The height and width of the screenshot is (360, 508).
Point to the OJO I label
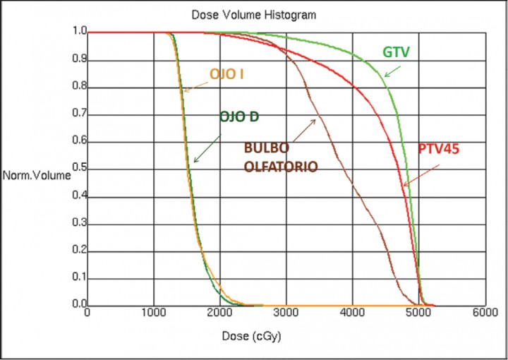pyautogui.click(x=226, y=73)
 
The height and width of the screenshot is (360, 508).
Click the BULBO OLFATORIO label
pyautogui.click(x=280, y=157)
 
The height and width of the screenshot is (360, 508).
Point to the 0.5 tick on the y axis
pyautogui.click(x=76, y=169)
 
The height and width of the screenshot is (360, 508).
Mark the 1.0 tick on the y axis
pyautogui.click(x=76, y=32)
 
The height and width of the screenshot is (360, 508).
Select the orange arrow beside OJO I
pyautogui.click(x=196, y=85)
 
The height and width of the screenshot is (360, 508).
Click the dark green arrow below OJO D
pyautogui.click(x=205, y=150)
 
